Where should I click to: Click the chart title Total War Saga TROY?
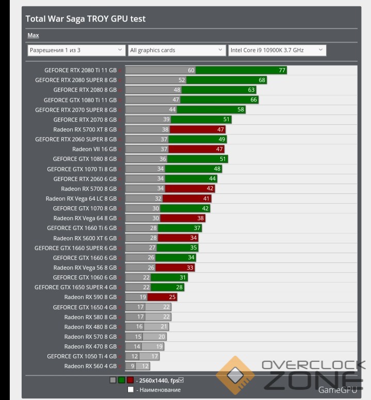click(x=86, y=19)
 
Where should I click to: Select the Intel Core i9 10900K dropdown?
click(x=277, y=50)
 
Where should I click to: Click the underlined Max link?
click(x=33, y=36)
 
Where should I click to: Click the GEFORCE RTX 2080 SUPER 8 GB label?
click(x=76, y=80)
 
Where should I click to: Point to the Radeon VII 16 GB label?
click(x=94, y=149)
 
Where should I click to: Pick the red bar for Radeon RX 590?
click(x=162, y=297)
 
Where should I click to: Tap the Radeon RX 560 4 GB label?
click(x=90, y=366)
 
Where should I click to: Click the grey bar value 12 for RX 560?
click(x=145, y=366)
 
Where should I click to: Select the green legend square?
click(x=121, y=380)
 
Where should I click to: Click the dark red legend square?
click(x=130, y=380)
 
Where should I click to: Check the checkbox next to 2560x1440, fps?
click(x=181, y=380)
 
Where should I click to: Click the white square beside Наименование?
click(x=131, y=390)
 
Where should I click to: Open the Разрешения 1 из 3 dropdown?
click(x=76, y=50)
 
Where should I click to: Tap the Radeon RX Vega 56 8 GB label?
click(x=85, y=268)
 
